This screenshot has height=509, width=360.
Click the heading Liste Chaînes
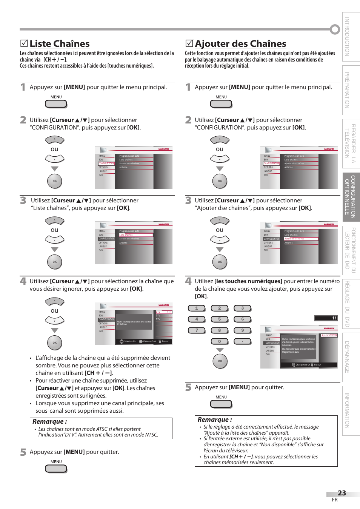tap(60, 44)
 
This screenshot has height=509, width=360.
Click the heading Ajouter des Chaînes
tap(240, 44)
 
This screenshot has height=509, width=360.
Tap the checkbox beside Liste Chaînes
tap(24, 44)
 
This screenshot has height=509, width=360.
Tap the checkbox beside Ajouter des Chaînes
tap(189, 44)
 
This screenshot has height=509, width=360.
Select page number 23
tap(342, 493)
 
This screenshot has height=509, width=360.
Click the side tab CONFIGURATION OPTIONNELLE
tap(351, 197)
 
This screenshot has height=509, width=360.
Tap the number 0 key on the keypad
tap(219, 341)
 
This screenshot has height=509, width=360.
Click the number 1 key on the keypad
tap(197, 308)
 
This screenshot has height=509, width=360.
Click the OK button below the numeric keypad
tap(220, 361)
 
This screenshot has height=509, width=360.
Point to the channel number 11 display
tap(326, 318)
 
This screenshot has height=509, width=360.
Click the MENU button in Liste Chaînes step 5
tap(56, 469)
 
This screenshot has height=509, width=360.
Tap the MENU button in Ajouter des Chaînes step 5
tap(221, 404)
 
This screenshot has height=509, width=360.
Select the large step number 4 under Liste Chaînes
tap(23, 281)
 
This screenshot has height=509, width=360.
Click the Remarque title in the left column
tap(49, 422)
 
